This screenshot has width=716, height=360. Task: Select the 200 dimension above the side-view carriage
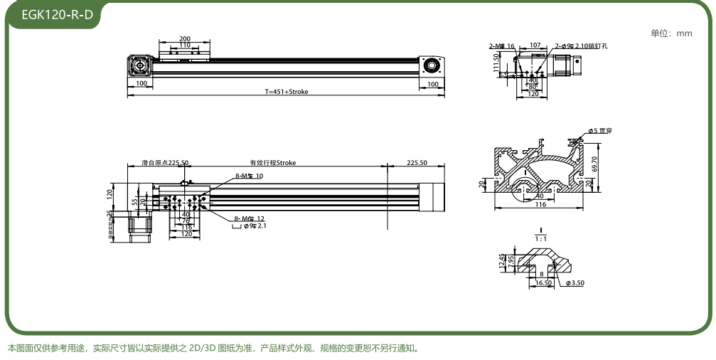pyautogui.click(x=185, y=38)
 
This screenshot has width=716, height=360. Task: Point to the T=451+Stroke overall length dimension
pyautogui.click(x=287, y=91)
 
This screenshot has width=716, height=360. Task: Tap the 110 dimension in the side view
pyautogui.click(x=184, y=45)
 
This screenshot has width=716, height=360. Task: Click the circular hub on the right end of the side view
pyautogui.click(x=430, y=66)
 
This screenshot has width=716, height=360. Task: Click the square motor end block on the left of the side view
pyautogui.click(x=139, y=66)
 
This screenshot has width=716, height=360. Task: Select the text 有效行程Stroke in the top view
pyautogui.click(x=272, y=163)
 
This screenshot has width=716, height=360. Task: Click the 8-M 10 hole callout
pyautogui.click(x=249, y=176)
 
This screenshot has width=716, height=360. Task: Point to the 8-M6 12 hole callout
pyautogui.click(x=249, y=218)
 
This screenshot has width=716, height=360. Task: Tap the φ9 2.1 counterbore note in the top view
pyautogui.click(x=255, y=226)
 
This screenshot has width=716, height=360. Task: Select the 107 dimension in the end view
pyautogui.click(x=535, y=46)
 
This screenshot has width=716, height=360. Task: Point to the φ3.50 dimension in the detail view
pyautogui.click(x=577, y=283)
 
